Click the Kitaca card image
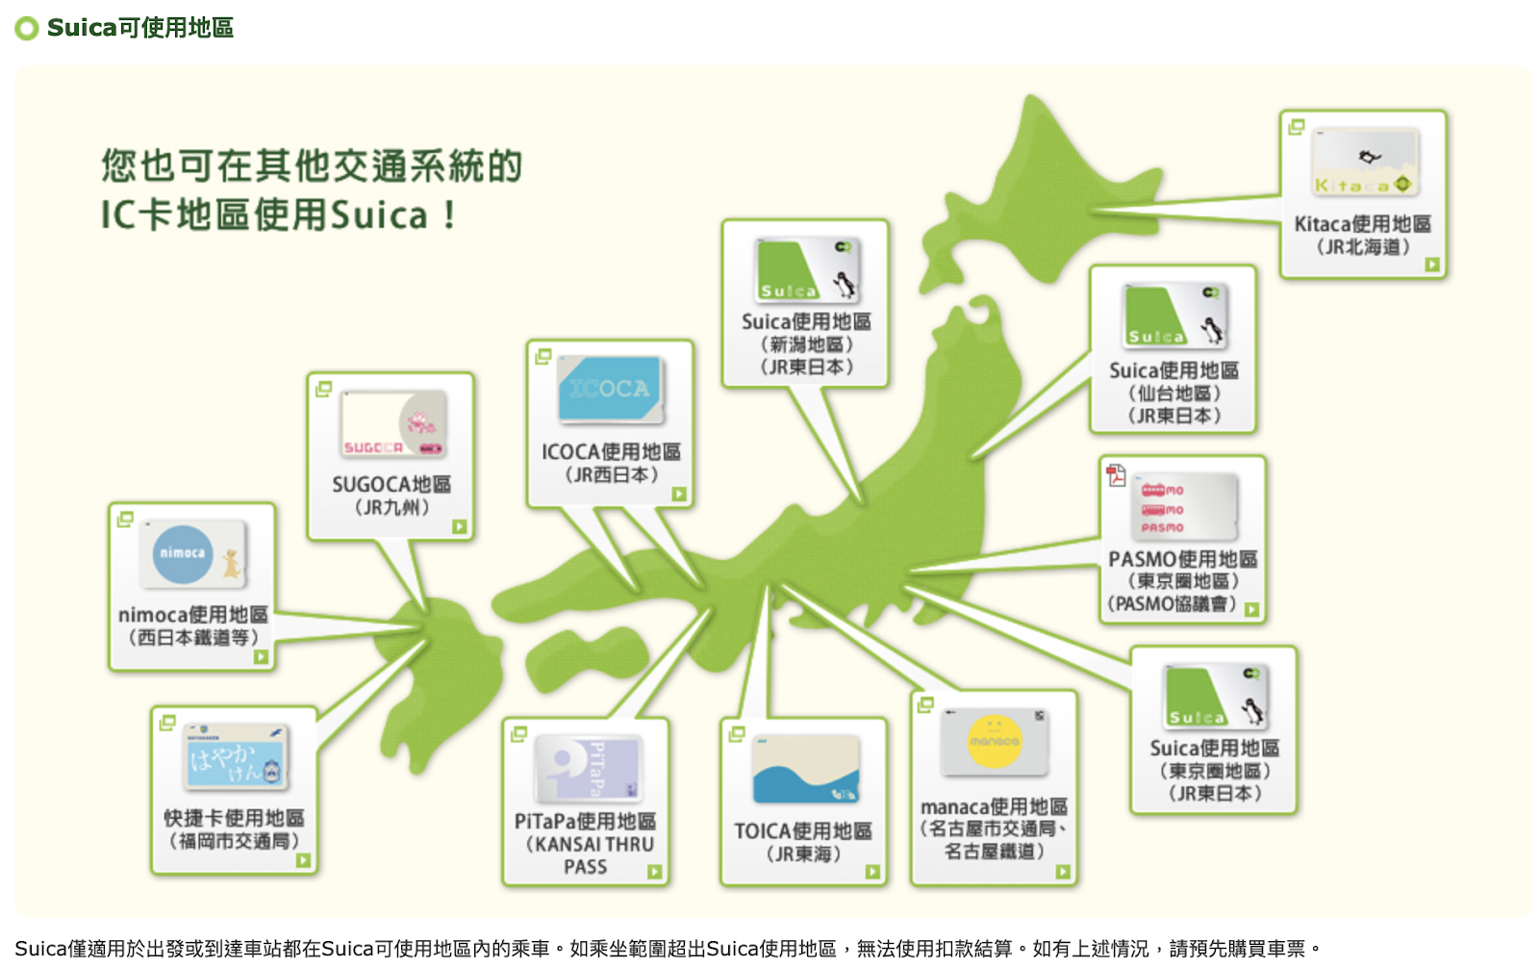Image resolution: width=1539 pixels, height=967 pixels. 1364,163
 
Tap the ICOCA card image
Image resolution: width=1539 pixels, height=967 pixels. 610,390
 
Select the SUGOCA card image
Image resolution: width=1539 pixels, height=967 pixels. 392,424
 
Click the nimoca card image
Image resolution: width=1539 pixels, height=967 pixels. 192,554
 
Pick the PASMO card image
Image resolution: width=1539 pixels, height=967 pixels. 1183,507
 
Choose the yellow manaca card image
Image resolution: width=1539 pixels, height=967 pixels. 995,742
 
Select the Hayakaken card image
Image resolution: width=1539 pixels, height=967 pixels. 236,756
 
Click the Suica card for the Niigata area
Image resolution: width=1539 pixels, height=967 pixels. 806,270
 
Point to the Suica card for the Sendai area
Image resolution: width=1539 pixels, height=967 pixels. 1173,316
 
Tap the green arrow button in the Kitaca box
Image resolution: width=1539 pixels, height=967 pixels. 1432,265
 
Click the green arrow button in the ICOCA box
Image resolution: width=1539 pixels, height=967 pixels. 679,494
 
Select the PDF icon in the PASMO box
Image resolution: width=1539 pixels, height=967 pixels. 1116,474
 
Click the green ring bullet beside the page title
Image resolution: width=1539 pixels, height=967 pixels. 27,28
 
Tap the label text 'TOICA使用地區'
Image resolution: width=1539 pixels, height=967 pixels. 803,831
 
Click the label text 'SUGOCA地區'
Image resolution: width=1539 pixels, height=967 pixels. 391,485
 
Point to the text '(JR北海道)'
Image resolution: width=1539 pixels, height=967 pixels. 1363,247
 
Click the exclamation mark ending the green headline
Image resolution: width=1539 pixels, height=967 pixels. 449,215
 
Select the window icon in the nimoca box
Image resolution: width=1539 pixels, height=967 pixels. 125,520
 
